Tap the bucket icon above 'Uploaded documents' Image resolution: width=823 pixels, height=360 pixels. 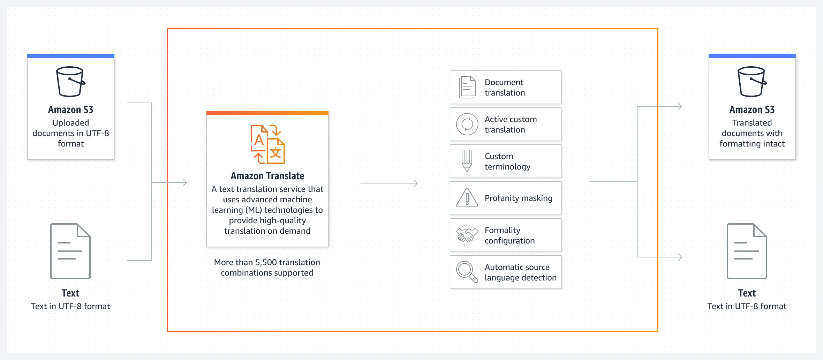70,82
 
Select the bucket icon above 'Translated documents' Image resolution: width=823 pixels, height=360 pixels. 752,82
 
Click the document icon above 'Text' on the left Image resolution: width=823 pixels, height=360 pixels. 70,251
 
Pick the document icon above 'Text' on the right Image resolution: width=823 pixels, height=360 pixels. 747,251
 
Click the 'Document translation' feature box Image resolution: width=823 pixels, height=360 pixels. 505,87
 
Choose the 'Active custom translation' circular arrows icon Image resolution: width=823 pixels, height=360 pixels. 467,124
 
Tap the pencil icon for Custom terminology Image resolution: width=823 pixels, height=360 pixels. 467,161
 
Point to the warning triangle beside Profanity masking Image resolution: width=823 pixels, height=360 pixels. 467,198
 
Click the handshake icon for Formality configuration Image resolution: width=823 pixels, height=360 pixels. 467,235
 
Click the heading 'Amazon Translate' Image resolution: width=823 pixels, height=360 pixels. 267,176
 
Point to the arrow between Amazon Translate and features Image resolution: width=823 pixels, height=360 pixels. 389,183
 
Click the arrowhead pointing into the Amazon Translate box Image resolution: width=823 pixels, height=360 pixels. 184,182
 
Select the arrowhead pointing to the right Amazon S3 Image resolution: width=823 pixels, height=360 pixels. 680,106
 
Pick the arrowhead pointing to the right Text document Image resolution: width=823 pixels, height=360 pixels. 680,257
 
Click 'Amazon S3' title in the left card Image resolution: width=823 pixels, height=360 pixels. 71,110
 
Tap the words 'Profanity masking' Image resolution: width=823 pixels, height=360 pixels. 519,198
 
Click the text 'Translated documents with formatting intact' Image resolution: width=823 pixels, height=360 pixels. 752,133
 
